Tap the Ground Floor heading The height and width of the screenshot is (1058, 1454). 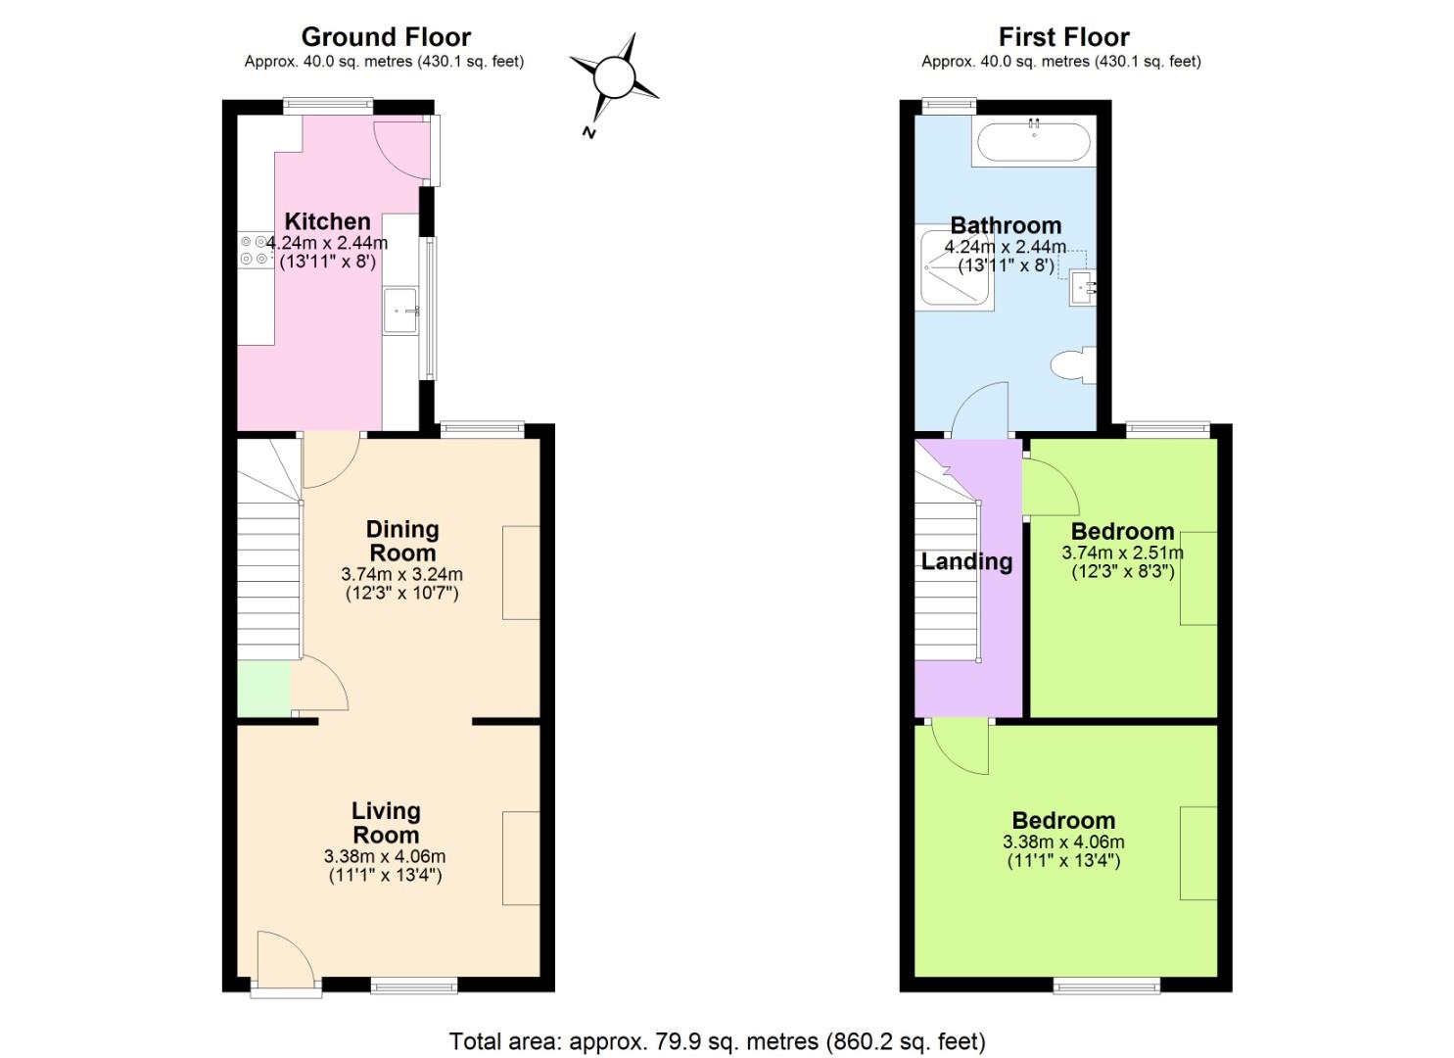click(386, 37)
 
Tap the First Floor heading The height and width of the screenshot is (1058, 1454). click(1063, 37)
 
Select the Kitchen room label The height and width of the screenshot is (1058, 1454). click(327, 221)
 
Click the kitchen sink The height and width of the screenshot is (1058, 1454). click(399, 311)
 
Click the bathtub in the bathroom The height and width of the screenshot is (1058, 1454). click(1032, 143)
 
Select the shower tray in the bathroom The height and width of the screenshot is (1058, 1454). click(955, 270)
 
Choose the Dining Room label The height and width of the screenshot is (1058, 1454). click(401, 541)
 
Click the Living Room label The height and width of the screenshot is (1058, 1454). click(386, 823)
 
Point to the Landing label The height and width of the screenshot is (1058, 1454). click(966, 561)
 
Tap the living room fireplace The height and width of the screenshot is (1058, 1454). click(521, 858)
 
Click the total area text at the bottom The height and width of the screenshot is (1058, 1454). click(717, 1040)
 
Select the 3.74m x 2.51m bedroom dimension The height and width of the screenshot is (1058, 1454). click(1122, 553)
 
